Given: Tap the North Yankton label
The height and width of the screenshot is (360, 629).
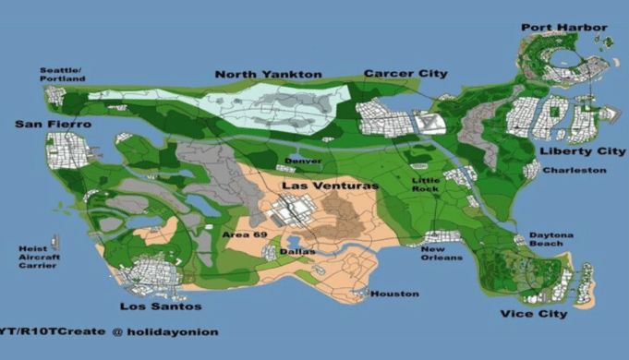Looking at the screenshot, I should [x=268, y=74].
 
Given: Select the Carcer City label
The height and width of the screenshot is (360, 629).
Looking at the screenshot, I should [x=405, y=73].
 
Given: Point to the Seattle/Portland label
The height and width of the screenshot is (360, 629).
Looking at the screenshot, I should [x=61, y=74].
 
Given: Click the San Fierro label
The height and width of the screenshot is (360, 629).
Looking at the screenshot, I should [x=54, y=124].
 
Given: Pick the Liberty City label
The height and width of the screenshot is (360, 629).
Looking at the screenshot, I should [x=569, y=150].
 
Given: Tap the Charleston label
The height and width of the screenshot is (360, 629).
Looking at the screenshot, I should [x=574, y=170].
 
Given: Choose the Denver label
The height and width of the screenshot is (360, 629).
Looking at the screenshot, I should [x=303, y=161].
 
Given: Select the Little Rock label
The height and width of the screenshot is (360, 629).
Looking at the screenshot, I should [x=427, y=184].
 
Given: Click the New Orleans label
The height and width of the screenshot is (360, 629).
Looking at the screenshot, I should [x=441, y=253].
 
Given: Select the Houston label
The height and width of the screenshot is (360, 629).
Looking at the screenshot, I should [x=394, y=294].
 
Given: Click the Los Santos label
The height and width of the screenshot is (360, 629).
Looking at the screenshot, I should [x=161, y=306].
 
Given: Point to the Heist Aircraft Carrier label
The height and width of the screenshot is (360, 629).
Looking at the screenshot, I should [x=38, y=257].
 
